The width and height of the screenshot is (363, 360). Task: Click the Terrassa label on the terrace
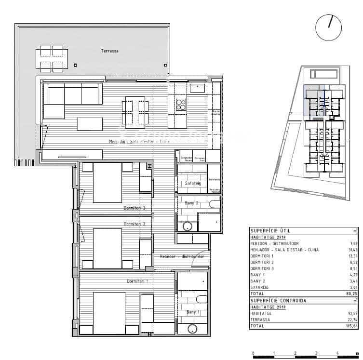coord(110,51)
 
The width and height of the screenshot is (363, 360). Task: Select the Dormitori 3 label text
coord(134,208)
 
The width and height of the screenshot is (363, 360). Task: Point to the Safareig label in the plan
coord(192,184)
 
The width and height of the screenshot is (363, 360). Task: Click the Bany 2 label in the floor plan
coord(192,203)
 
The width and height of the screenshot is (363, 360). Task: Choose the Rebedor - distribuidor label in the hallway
coord(182,256)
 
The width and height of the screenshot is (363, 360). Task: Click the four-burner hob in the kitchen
coord(181,105)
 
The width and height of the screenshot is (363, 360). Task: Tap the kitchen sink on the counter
coord(197,88)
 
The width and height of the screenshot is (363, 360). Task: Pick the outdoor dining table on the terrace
coord(52,59)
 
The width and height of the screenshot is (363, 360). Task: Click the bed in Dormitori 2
coord(107,244)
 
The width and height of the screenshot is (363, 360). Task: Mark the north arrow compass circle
coord(328,27)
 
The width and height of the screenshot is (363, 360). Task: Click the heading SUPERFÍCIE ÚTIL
coord(269,231)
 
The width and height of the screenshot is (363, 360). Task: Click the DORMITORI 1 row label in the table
coord(263,256)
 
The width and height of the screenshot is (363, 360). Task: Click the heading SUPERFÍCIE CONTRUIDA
coord(278,301)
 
